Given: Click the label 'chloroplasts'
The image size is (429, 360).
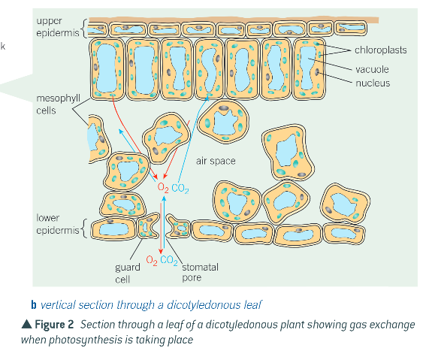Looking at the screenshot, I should click(x=381, y=50).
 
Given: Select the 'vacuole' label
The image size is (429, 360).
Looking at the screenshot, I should click(x=372, y=69).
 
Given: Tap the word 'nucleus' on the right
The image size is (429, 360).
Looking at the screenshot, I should click(x=373, y=83).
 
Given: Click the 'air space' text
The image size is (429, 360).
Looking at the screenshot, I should click(x=216, y=161).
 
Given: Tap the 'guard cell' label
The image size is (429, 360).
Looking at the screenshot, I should click(x=124, y=272).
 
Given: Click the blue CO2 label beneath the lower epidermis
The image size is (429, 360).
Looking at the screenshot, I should click(x=169, y=261).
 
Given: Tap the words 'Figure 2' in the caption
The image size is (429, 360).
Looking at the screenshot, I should click(x=54, y=325).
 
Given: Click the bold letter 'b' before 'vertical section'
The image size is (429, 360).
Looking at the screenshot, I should click(x=34, y=305).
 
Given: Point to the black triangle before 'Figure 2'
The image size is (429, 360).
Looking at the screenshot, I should click(x=26, y=325).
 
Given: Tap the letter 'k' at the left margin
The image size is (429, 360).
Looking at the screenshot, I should click(x=3, y=47).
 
